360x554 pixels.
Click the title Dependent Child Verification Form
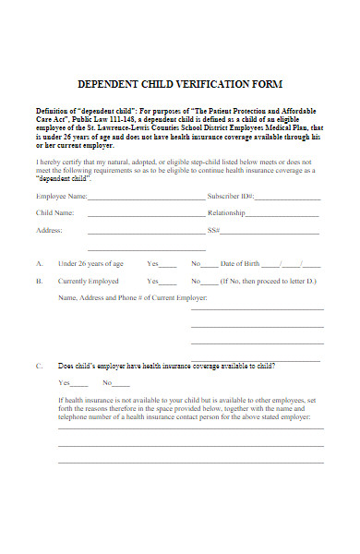click(x=179, y=83)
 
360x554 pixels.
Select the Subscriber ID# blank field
click(x=287, y=199)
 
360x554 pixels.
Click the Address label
click(x=49, y=230)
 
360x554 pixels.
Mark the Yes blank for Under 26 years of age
click(x=169, y=265)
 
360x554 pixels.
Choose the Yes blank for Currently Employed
click(x=169, y=283)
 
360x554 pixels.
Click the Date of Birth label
click(x=240, y=263)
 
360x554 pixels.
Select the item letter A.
click(x=39, y=263)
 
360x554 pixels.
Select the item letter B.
click(x=39, y=281)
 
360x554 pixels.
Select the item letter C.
click(x=39, y=366)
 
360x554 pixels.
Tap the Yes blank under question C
click(x=80, y=384)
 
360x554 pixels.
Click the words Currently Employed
click(x=89, y=281)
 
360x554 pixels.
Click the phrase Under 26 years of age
click(x=90, y=263)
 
